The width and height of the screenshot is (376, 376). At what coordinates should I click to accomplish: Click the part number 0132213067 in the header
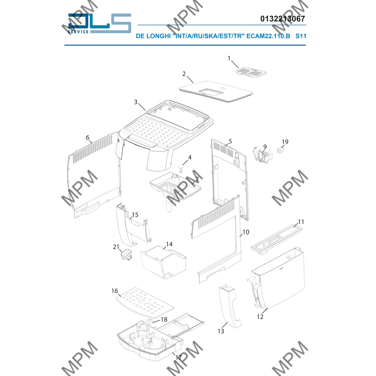282,19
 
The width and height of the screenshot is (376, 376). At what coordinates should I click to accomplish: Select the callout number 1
229,58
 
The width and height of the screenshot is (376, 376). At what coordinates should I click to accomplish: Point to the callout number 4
190,157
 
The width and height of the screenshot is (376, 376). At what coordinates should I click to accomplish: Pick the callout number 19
285,142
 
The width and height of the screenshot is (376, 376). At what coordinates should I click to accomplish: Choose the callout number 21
116,247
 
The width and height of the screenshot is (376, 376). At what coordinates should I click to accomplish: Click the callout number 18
164,319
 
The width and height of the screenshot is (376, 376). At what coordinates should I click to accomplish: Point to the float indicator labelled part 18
150,321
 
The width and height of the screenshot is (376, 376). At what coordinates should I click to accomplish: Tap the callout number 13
221,331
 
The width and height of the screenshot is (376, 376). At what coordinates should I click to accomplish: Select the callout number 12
260,317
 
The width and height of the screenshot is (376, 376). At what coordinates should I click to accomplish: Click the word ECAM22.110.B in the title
268,36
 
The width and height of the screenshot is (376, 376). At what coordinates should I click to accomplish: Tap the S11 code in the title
301,36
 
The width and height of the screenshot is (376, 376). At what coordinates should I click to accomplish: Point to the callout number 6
88,137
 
